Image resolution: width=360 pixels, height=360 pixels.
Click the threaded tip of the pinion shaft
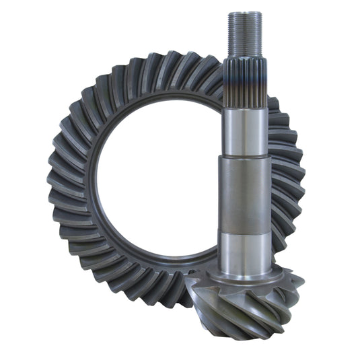(x=244, y=34)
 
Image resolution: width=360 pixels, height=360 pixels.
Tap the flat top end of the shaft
(x=244, y=13)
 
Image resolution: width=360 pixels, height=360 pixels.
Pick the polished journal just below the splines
(x=245, y=131)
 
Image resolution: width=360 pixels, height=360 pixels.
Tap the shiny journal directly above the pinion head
(x=244, y=249)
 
